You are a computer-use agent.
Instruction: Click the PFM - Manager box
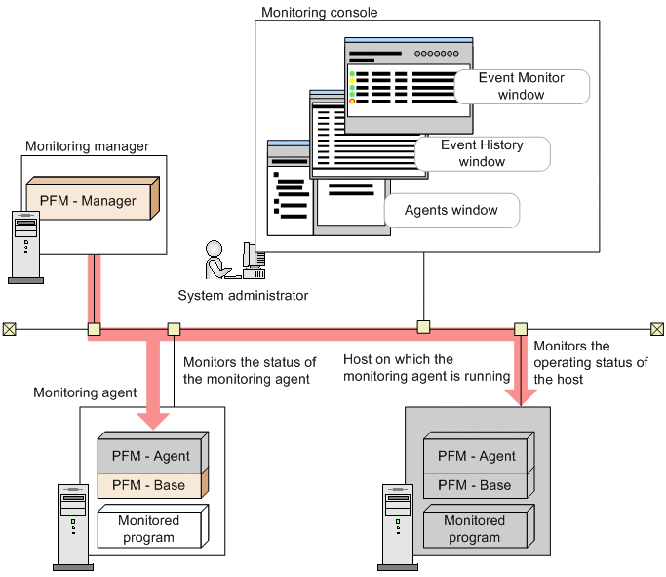[89, 201]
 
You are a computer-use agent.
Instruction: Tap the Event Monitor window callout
[521, 86]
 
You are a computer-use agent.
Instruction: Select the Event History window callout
[482, 153]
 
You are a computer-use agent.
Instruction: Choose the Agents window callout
[451, 210]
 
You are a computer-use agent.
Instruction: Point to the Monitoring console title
[320, 13]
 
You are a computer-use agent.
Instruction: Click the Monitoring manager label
[87, 146]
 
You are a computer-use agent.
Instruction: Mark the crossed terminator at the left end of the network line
[9, 329]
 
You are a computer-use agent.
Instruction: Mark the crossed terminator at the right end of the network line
[656, 329]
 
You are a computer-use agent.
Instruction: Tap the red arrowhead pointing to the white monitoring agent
[152, 416]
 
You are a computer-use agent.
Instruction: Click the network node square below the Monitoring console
[423, 328]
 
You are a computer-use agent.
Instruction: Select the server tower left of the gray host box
[393, 524]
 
